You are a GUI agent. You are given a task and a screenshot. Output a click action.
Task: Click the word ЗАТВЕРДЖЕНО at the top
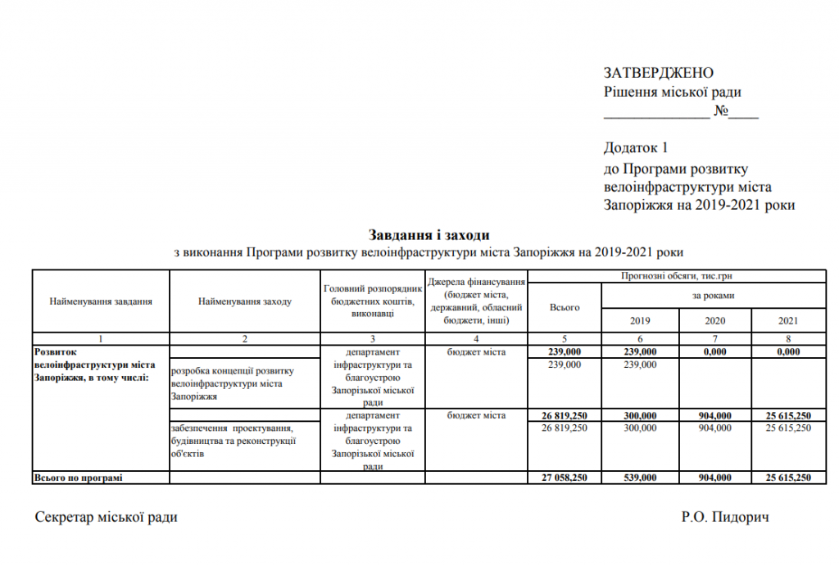pyautogui.click(x=659, y=73)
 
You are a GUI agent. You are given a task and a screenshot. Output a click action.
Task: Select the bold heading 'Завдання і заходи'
pyautogui.click(x=429, y=235)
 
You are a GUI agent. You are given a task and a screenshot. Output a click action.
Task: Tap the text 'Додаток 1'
pyautogui.click(x=637, y=147)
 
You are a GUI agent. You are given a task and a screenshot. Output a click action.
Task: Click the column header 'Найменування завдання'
pyautogui.click(x=101, y=301)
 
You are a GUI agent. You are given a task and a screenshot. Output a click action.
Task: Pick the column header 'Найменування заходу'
pyautogui.click(x=244, y=301)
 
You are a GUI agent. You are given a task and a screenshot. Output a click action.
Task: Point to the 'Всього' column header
pyautogui.click(x=565, y=307)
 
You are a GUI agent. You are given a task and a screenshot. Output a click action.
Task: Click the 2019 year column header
pyautogui.click(x=639, y=320)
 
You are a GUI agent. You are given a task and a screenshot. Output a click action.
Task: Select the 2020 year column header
pyautogui.click(x=714, y=320)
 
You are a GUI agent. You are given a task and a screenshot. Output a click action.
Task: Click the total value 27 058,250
pyautogui.click(x=565, y=478)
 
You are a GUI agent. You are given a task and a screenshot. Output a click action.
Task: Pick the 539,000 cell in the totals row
pyautogui.click(x=639, y=478)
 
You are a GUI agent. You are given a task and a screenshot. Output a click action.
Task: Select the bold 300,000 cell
pyautogui.click(x=639, y=416)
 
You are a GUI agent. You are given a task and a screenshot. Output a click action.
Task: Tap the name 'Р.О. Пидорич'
pyautogui.click(x=725, y=517)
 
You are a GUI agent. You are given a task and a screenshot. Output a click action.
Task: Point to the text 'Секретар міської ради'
pyautogui.click(x=106, y=517)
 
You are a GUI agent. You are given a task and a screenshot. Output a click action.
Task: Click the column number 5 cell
pyautogui.click(x=565, y=339)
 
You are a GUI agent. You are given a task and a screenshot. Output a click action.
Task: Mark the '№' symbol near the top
pyautogui.click(x=721, y=111)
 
